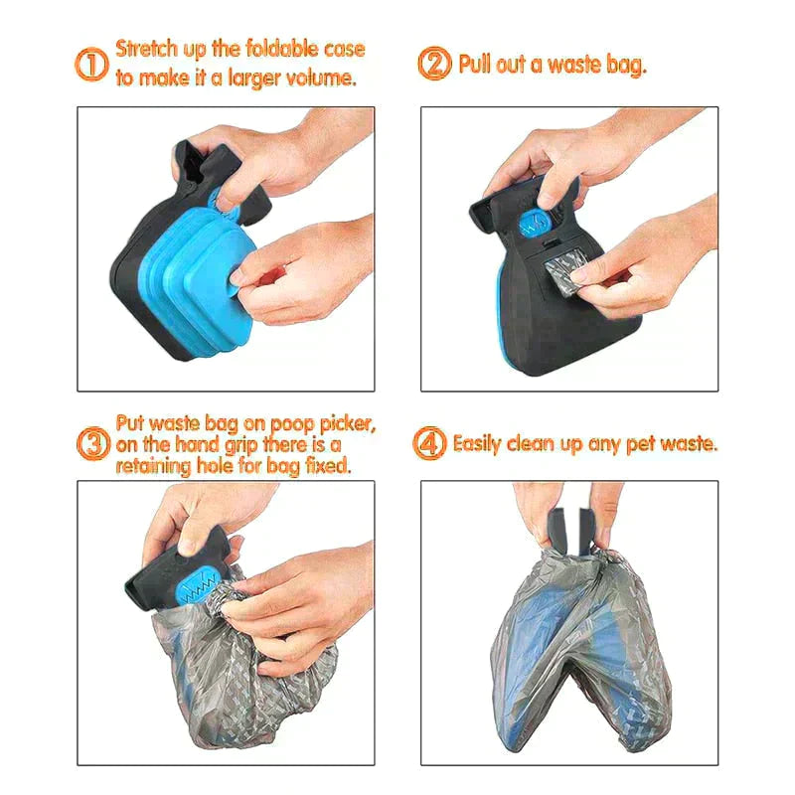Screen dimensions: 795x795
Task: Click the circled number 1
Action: tap(91, 65)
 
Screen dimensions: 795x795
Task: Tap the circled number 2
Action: tap(434, 64)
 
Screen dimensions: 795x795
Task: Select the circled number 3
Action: tap(93, 443)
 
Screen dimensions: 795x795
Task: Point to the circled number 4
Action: tap(430, 443)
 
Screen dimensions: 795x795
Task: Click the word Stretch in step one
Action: tap(147, 49)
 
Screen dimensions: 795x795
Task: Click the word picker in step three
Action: tap(348, 424)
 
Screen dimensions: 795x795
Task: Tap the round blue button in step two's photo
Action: tap(536, 225)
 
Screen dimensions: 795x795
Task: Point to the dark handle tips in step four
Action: tap(570, 529)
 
